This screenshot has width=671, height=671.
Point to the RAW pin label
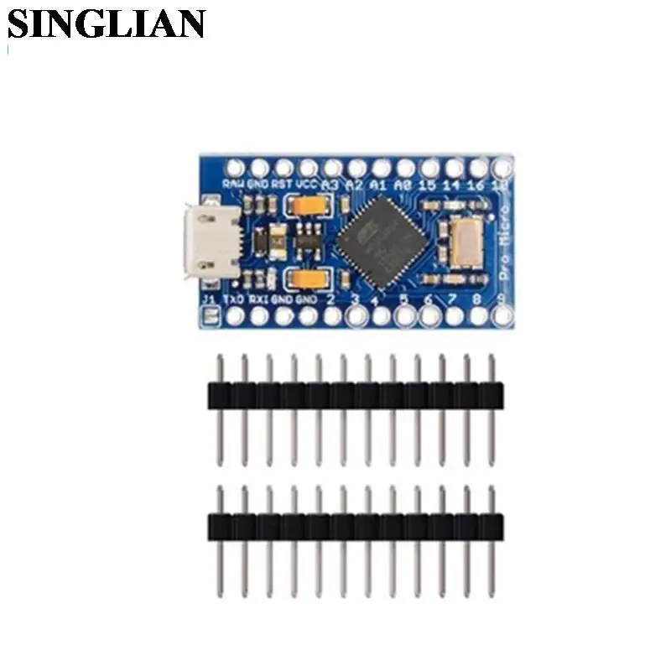[x=234, y=184]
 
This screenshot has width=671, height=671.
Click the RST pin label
[x=283, y=184]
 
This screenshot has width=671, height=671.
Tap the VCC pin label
[x=307, y=184]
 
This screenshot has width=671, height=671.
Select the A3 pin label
[x=331, y=184]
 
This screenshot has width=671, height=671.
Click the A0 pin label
[x=403, y=184]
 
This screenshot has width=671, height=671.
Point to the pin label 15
[x=428, y=184]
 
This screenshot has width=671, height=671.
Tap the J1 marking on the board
[x=209, y=299]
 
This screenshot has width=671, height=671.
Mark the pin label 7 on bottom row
[x=453, y=299]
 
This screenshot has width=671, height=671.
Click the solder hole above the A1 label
[x=381, y=166]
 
